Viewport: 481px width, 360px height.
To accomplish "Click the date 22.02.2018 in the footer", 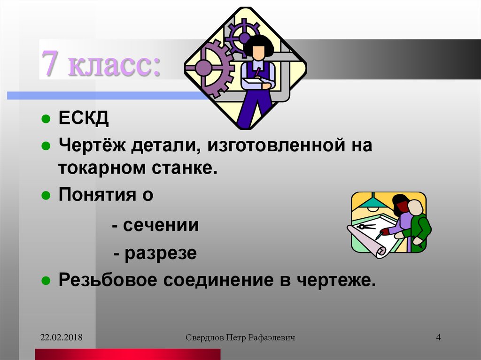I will coord(62,337).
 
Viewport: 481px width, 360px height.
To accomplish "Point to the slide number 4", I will coord(438,337).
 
